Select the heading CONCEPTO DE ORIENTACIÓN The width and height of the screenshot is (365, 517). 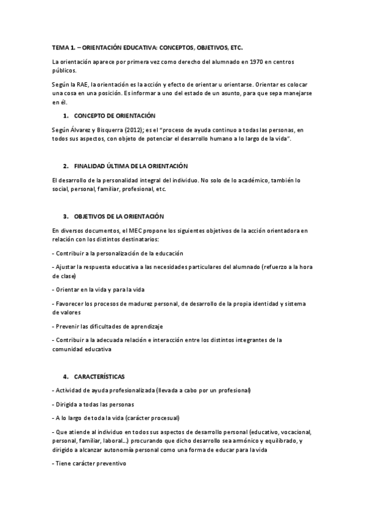coord(115,116)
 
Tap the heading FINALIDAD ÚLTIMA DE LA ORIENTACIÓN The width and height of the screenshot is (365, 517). coord(130,166)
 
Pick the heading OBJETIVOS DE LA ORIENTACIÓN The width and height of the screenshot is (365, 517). coord(126,216)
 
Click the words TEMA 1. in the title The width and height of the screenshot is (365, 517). coord(63,48)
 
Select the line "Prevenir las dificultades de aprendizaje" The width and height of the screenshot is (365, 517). coord(108,326)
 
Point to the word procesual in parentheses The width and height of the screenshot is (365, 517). coord(165,418)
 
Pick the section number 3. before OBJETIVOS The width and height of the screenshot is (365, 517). coord(65,216)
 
